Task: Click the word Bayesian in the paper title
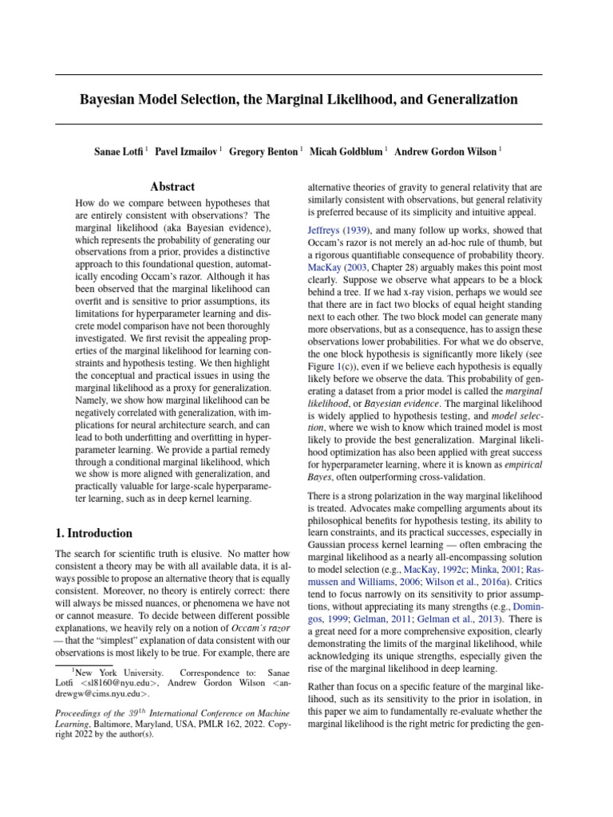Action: [109, 100]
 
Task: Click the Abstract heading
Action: [173, 187]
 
